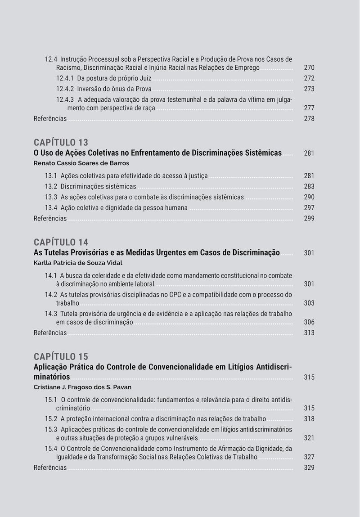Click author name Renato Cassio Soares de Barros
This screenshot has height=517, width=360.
coord(81,163)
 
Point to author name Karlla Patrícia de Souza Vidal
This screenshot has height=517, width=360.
coord(78,263)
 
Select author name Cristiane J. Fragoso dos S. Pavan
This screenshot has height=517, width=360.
coord(82,387)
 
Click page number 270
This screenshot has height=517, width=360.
coord(309,68)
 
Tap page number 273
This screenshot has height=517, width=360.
coord(309,89)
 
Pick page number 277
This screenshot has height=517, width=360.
coord(309,108)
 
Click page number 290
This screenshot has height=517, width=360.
coord(309,197)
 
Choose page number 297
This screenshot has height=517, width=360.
coord(309,208)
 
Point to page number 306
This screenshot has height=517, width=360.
coord(309,322)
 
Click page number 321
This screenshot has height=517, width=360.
coord(309,438)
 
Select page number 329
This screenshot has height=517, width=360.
coord(309,468)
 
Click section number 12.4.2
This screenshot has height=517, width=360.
coord(65,89)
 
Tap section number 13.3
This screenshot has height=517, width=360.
coord(51,197)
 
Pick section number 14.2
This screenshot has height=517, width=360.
coord(51,295)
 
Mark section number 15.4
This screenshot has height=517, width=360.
coord(51,449)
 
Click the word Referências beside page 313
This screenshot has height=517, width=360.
coord(50,333)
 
